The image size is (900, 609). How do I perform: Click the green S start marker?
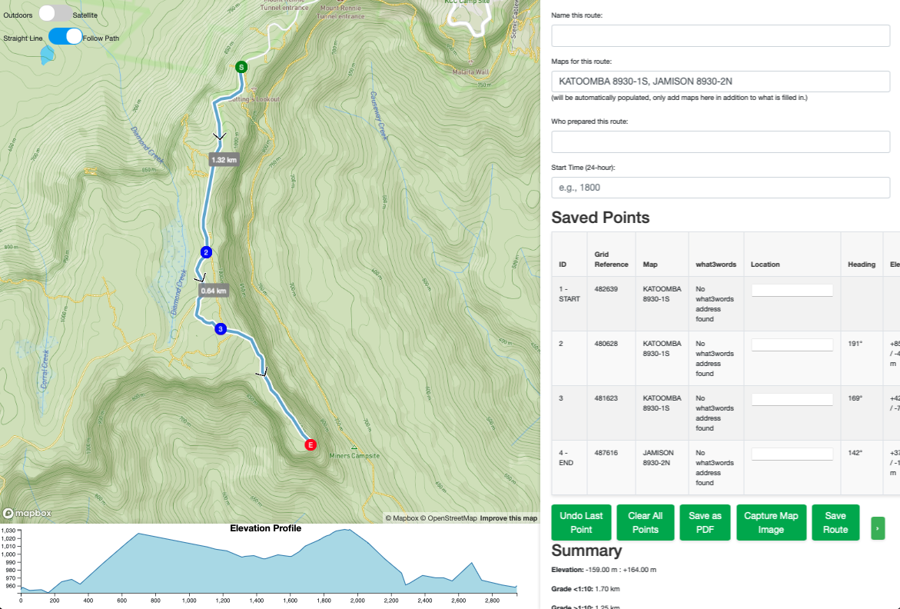(241, 67)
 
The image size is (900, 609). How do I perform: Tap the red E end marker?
(311, 444)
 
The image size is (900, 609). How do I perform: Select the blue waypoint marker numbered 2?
(206, 252)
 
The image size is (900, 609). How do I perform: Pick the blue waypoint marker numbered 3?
(221, 329)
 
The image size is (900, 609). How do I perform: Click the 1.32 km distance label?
(224, 160)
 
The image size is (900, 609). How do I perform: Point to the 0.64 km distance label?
(214, 291)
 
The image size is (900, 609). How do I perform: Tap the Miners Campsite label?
(354, 456)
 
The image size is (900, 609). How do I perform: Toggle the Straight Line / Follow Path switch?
(65, 37)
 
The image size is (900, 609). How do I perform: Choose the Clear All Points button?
(646, 523)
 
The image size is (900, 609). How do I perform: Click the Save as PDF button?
(705, 523)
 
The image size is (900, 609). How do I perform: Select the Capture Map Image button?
(771, 523)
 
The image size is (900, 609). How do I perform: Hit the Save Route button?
(835, 523)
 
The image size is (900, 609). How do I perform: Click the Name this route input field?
(720, 36)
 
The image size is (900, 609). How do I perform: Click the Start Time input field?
(720, 188)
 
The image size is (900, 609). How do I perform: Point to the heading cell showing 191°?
(855, 344)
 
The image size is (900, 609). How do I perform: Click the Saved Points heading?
(600, 218)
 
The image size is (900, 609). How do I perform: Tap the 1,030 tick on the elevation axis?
(8, 531)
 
